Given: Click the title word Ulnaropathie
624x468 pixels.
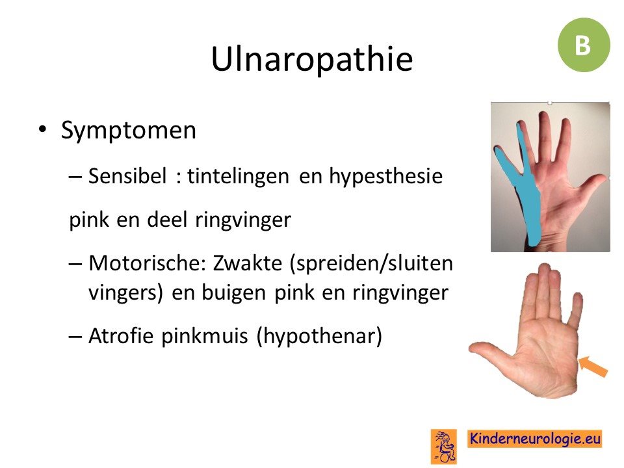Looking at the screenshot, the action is tap(312, 59).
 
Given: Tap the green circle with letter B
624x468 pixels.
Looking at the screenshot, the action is tap(584, 45).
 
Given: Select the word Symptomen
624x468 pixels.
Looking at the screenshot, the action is tap(129, 131).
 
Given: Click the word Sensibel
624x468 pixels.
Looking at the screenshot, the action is tap(127, 175).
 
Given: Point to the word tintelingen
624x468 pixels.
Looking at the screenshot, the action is tap(238, 176).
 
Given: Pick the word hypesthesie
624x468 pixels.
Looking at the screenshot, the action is tap(385, 176).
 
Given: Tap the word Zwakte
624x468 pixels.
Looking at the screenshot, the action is tap(247, 263).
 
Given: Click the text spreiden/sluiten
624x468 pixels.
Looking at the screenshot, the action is tap(371, 263).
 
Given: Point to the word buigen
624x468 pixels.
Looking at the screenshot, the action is tap(234, 293).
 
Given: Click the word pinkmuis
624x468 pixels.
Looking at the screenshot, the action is tap(205, 336).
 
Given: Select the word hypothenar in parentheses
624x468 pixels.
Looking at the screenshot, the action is tap(319, 336).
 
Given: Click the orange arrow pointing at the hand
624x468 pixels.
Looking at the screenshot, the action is tap(593, 367).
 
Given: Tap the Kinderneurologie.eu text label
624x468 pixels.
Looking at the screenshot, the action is tap(534, 439).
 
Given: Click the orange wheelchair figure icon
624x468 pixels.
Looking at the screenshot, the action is tap(444, 447).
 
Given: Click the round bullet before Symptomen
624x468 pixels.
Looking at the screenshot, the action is tap(42, 130).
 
